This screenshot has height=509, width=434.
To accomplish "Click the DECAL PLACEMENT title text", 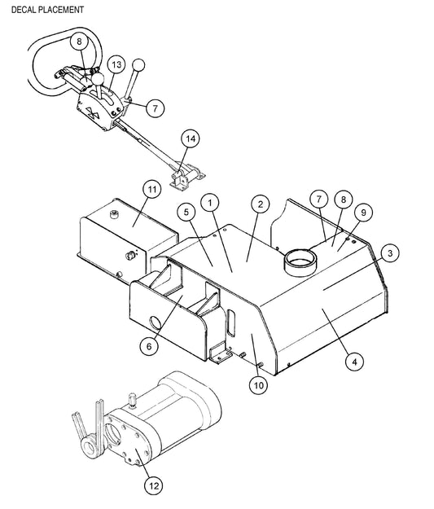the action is click(47, 10).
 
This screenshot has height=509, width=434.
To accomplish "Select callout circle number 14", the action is click(191, 138).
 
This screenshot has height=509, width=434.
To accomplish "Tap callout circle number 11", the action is click(152, 190).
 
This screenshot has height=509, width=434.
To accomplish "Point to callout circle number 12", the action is click(154, 485).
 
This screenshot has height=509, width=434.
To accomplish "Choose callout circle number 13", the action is click(116, 64).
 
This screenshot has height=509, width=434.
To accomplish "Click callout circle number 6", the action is click(149, 346).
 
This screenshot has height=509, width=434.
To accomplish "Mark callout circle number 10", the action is click(258, 385).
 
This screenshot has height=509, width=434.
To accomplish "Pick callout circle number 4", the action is click(354, 362).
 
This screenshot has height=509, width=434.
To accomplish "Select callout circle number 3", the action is click(390, 253).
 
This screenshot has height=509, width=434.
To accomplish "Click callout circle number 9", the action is click(363, 213).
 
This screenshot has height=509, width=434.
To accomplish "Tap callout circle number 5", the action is click(186, 212).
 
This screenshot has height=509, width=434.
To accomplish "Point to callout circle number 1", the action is click(210, 203).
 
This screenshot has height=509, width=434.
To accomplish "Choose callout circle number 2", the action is click(261, 204).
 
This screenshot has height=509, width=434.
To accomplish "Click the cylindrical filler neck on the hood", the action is click(300, 262).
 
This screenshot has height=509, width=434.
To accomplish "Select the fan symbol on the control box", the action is click(93, 112).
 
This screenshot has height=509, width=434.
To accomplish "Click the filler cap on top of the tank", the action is click(114, 214).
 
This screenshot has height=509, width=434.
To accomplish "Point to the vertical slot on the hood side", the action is click(230, 323).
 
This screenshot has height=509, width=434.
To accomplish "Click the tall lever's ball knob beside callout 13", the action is click(138, 65).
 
